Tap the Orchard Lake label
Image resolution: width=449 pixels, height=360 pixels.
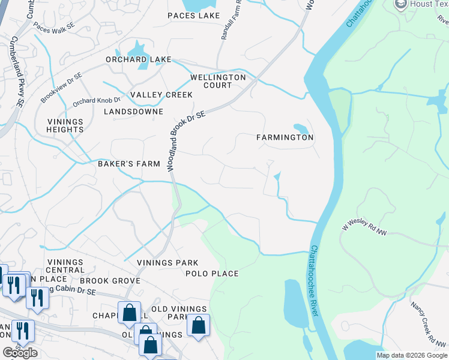click(x=139, y=60)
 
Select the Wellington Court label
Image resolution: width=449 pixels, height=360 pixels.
click(x=218, y=82)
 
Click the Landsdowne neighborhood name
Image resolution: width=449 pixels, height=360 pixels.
click(x=133, y=112)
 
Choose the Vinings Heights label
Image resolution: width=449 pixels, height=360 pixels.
click(x=65, y=125)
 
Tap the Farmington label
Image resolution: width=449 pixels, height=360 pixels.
click(x=285, y=137)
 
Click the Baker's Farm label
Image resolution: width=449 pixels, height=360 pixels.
click(x=129, y=164)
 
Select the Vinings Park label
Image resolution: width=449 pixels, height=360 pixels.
click(x=167, y=263)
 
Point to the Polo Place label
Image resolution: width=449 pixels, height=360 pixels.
click(x=212, y=274)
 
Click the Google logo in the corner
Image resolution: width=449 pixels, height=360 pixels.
click(x=20, y=353)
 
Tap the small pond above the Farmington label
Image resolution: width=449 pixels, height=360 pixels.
click(x=300, y=128)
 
